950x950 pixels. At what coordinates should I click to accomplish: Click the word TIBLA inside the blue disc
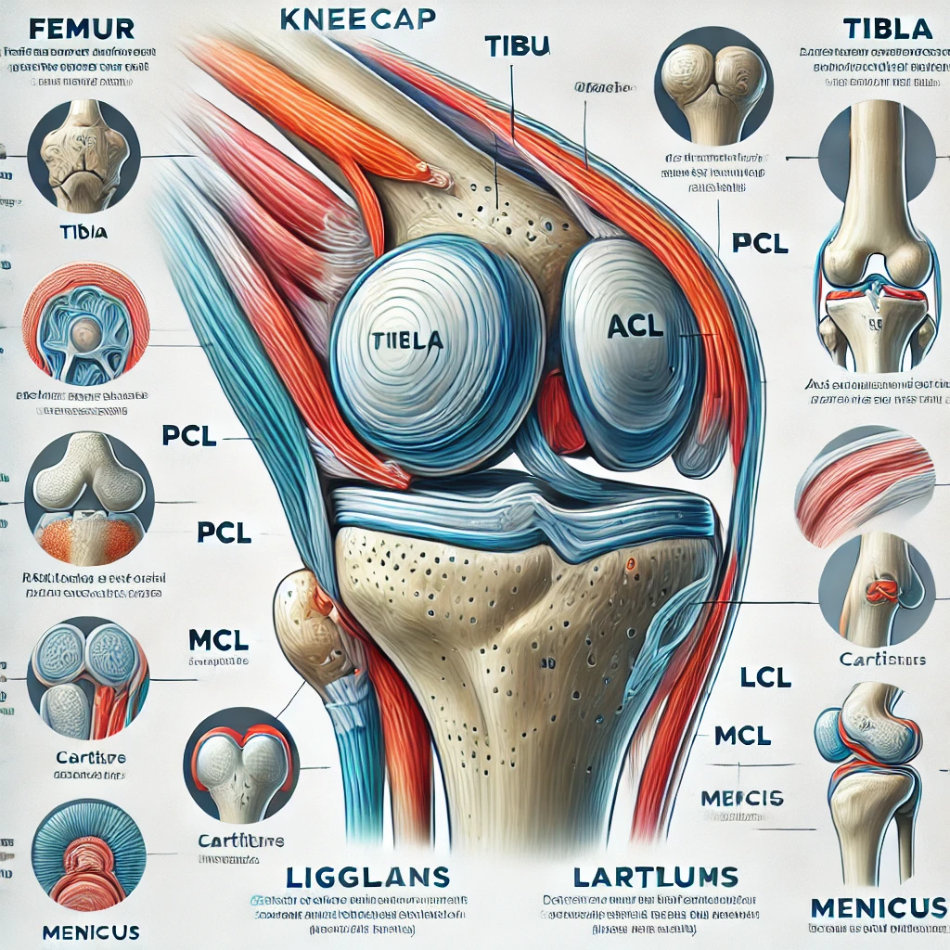pos(407,340)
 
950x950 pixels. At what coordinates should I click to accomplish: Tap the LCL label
pos(766,678)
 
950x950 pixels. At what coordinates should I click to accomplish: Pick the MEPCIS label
pos(743,798)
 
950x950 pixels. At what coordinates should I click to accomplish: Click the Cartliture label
pos(240,841)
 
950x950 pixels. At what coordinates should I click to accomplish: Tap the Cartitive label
pos(89,757)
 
